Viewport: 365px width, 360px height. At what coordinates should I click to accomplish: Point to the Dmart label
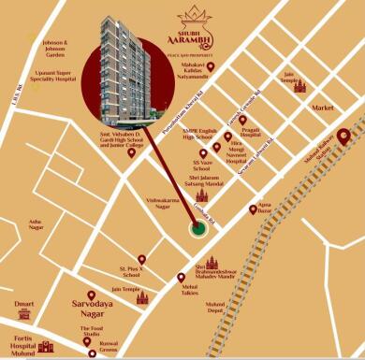[x=23, y=304]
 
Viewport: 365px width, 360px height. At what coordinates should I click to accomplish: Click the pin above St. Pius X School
[x=141, y=259]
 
